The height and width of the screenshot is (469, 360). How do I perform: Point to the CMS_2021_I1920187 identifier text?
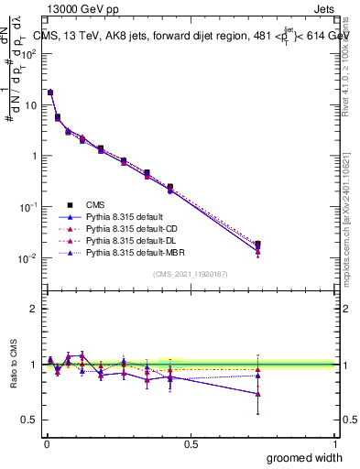coord(191,274)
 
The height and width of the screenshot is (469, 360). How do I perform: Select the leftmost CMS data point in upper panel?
coord(50,93)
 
